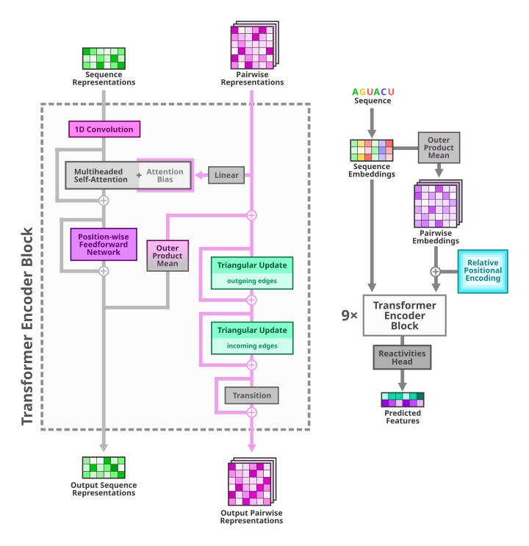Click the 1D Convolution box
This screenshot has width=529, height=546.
(x=104, y=129)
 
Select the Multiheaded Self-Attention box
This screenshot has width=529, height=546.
(x=101, y=176)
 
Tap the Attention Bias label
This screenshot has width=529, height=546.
(x=165, y=176)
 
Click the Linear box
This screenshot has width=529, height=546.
(x=226, y=175)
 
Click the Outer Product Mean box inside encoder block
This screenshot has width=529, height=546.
(x=168, y=256)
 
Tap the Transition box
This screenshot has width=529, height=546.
(x=252, y=395)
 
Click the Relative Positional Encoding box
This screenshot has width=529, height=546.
(x=483, y=271)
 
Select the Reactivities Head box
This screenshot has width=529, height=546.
(x=402, y=357)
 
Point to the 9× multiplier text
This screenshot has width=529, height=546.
(x=350, y=315)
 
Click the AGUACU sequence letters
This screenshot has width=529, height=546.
(x=373, y=92)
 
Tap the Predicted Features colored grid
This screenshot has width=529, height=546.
(x=403, y=400)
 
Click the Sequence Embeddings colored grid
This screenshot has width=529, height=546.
(x=372, y=151)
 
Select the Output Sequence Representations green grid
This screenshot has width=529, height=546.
(x=104, y=467)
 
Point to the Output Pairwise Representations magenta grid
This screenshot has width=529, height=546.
(x=251, y=481)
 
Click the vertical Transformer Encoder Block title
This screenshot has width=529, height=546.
(x=28, y=325)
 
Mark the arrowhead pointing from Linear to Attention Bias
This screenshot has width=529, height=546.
(x=198, y=175)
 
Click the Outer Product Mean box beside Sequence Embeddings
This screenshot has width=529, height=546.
(x=439, y=148)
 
